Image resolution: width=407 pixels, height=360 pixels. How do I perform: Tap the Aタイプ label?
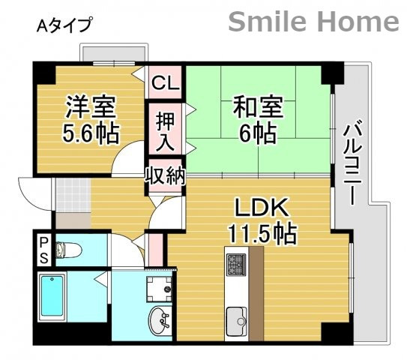[64, 25]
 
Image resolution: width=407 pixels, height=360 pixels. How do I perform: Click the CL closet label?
[164, 83]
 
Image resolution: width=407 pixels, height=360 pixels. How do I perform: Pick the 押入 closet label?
[164, 130]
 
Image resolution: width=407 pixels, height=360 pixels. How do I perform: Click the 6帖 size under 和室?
[257, 134]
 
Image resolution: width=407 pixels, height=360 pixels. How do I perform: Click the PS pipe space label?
[43, 250]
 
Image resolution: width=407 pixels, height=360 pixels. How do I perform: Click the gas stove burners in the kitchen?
[235, 265]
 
